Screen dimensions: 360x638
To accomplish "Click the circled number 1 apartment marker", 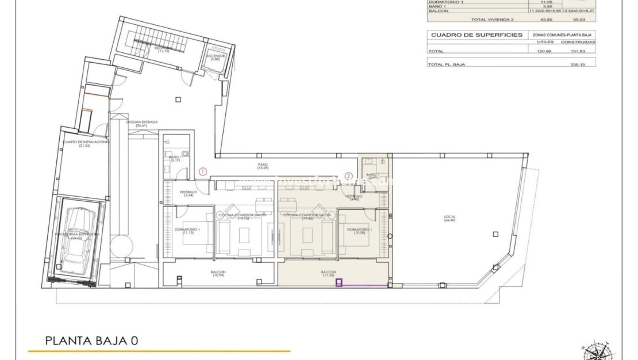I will tap(202, 171).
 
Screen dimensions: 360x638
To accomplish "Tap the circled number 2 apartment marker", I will tap(348, 176).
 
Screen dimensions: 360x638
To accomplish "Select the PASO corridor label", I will tap(263, 165).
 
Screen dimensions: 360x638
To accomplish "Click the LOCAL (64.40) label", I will tap(449, 219).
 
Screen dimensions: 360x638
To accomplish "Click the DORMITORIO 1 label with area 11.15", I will tap(187, 231).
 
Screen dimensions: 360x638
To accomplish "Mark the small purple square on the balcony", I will tap(339, 282).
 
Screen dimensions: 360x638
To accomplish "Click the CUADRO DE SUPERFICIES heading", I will tap(476, 35).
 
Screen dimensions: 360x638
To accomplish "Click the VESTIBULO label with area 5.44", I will tap(189, 194).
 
